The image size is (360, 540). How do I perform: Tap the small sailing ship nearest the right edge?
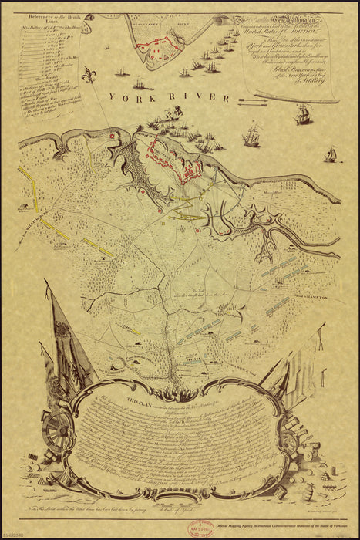331,155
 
